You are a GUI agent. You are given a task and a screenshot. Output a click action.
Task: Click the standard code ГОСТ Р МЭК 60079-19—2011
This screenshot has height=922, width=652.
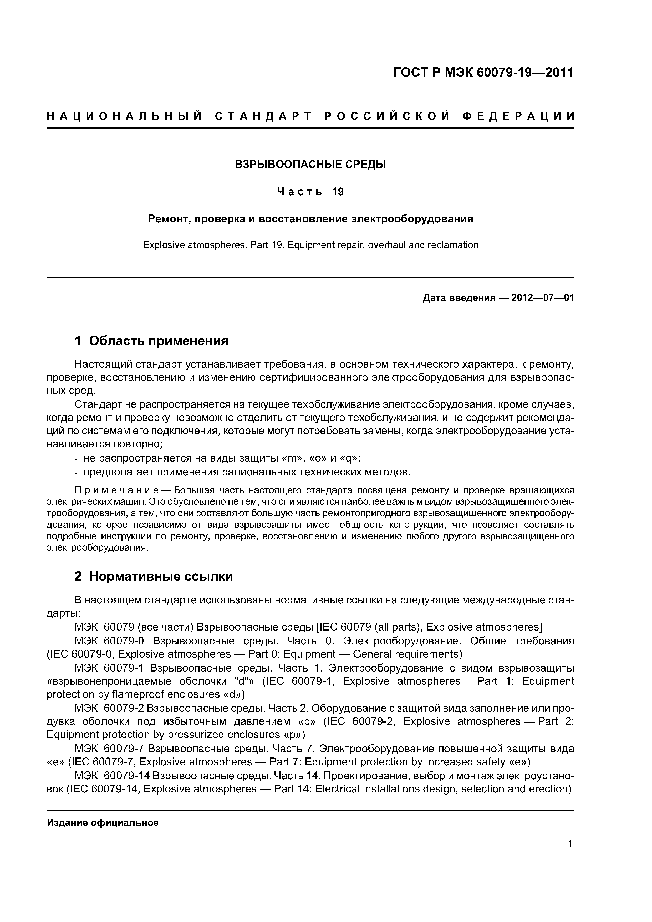483,73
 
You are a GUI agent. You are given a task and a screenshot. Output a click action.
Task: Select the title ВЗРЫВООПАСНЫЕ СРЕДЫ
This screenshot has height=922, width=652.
310,164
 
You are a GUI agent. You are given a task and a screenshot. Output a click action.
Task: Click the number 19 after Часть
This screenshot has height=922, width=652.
338,192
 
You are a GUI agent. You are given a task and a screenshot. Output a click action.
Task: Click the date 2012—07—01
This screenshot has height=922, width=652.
543,298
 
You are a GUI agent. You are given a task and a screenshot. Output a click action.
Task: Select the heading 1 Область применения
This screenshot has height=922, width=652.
151,341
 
